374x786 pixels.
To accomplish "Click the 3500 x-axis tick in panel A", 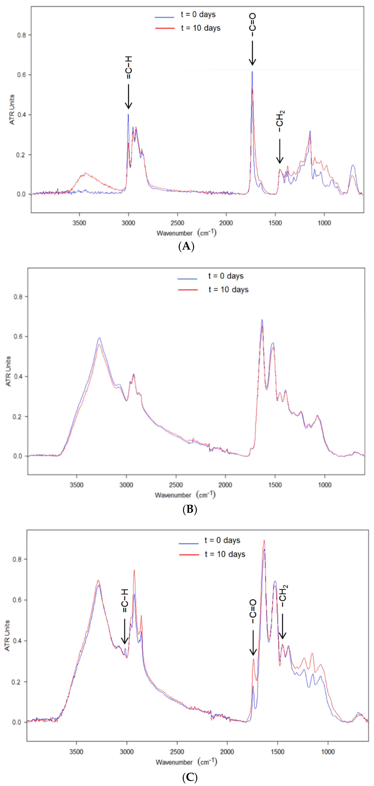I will click(x=79, y=223).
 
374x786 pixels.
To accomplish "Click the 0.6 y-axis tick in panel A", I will click(x=21, y=75).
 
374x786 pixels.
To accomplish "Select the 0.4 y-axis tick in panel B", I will click(x=18, y=376).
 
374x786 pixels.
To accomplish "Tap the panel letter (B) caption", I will click(x=190, y=509).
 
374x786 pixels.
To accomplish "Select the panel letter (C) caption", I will click(x=190, y=777).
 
